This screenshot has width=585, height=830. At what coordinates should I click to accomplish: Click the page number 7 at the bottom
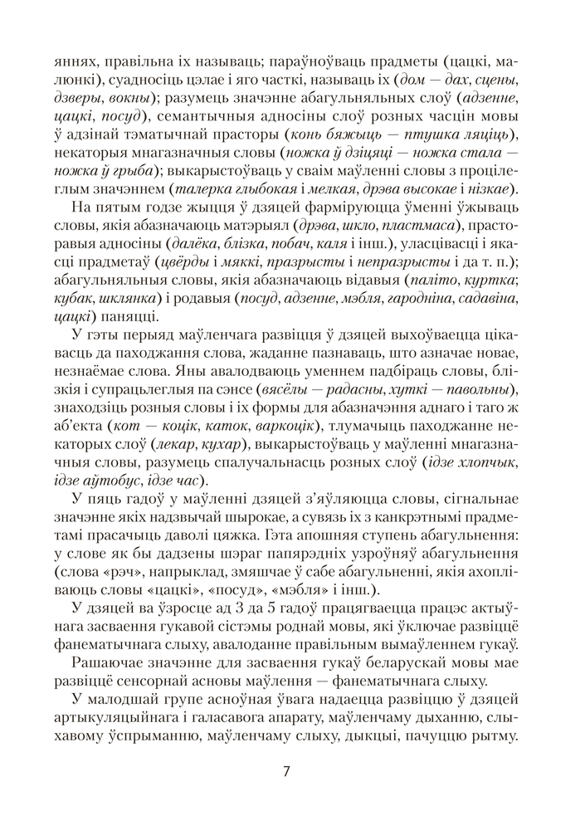286,770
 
